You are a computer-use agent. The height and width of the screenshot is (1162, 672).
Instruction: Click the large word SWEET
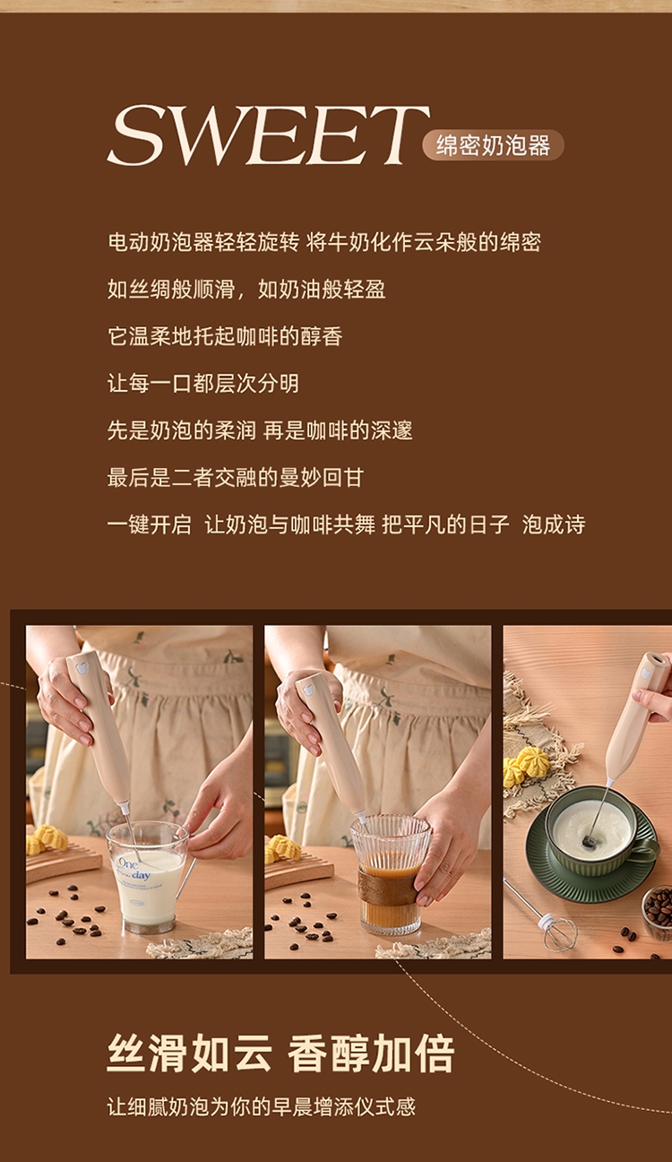pyautogui.click(x=269, y=135)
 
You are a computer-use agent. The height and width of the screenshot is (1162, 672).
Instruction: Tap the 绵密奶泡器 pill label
pyautogui.click(x=493, y=145)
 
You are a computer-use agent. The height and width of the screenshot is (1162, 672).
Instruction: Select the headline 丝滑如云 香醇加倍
pyautogui.click(x=280, y=1053)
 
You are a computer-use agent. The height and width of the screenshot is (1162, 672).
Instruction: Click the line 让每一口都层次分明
pyautogui.click(x=202, y=384)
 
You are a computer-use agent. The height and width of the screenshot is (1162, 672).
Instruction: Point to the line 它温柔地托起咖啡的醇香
pyautogui.click(x=225, y=336)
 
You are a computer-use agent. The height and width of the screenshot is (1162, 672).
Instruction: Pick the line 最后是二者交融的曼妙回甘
pyautogui.click(x=236, y=477)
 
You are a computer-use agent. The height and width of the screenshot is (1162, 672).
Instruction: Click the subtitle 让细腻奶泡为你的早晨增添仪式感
pyautogui.click(x=262, y=1106)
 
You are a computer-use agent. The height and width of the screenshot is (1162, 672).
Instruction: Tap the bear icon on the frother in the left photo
pyautogui.click(x=82, y=668)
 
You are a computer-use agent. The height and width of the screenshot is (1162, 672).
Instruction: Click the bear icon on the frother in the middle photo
pyautogui.click(x=308, y=690)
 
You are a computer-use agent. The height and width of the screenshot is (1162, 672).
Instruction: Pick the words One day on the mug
pyautogui.click(x=134, y=869)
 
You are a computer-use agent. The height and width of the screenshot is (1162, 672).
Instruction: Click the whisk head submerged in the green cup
pyautogui.click(x=589, y=841)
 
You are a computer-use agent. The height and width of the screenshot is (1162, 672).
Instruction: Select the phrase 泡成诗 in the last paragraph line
pyautogui.click(x=554, y=525)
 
